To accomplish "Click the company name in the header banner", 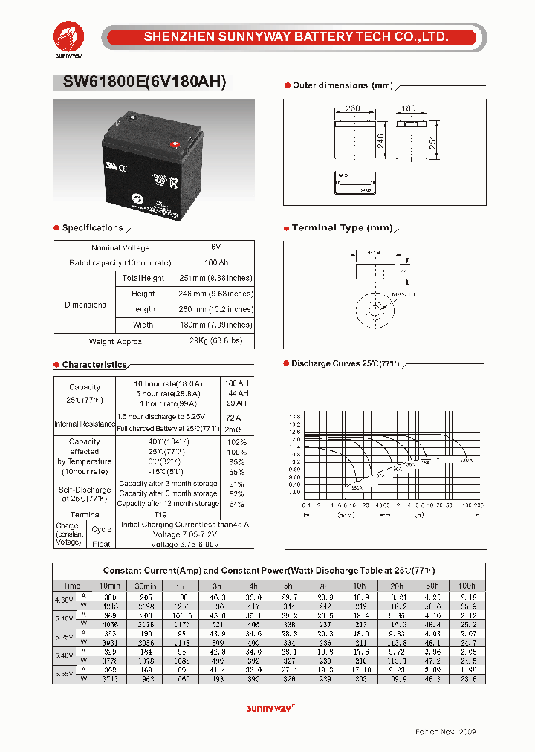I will pyautogui.click(x=295, y=36).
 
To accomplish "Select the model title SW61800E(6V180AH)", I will pyautogui.click(x=140, y=82).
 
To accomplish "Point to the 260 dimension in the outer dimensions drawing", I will pyautogui.click(x=353, y=108).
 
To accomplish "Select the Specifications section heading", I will pyautogui.click(x=92, y=228).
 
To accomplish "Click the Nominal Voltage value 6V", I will pyautogui.click(x=216, y=247).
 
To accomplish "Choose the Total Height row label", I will pyautogui.click(x=143, y=278).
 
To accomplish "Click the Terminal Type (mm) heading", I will pyautogui.click(x=342, y=228).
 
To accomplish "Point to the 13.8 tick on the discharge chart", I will pyautogui.click(x=294, y=417).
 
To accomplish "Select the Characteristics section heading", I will pyautogui.click(x=94, y=365).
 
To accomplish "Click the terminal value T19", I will pyautogui.click(x=160, y=513).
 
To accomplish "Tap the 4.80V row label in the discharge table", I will pyautogui.click(x=65, y=600).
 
